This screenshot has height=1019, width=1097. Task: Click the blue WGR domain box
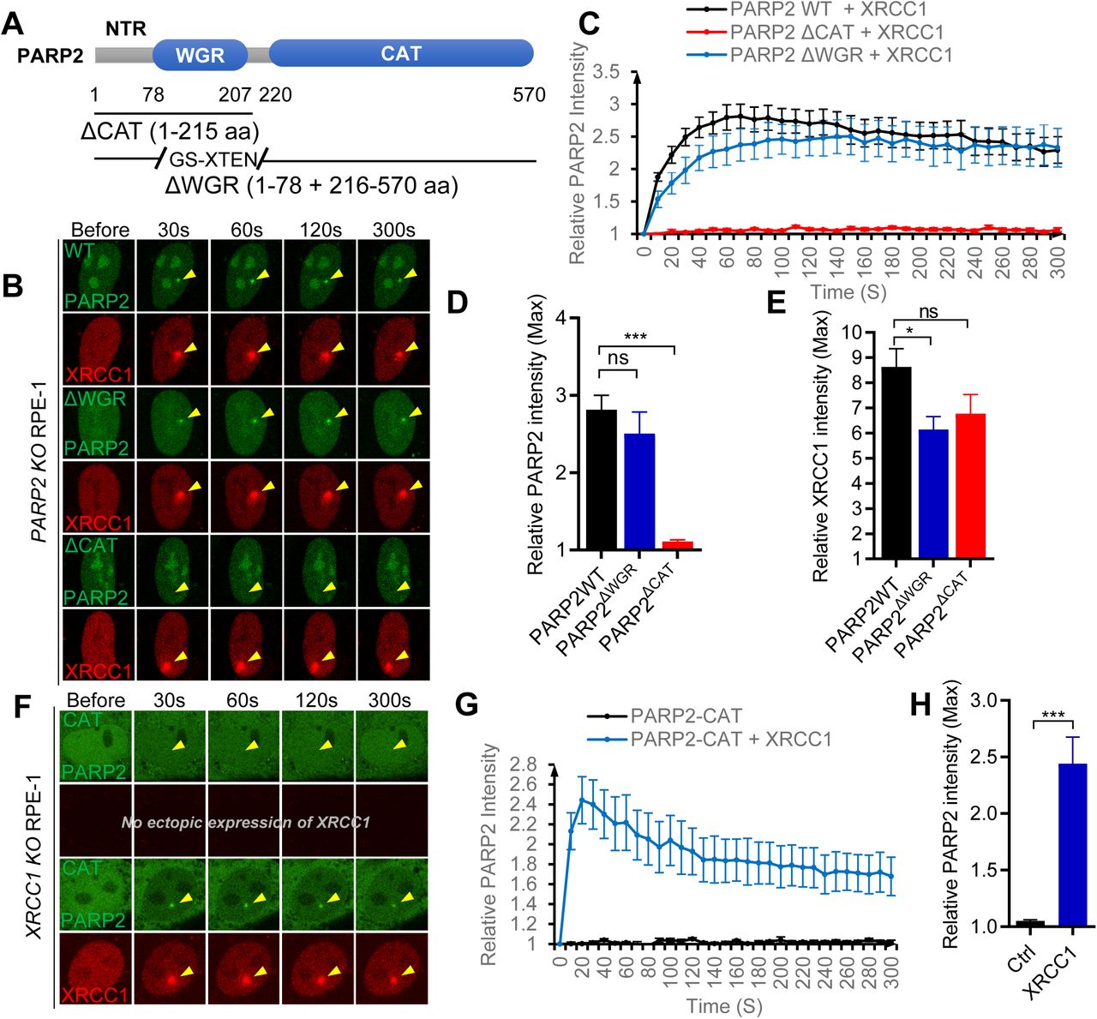200,56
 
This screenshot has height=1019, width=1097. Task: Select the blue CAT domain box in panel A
401,54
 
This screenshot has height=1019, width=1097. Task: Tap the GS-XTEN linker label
213,159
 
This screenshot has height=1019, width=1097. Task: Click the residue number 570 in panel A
529,95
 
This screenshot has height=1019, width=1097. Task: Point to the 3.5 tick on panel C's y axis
606,72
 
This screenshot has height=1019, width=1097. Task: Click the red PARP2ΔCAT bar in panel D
677,545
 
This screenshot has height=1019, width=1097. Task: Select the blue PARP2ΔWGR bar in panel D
639,490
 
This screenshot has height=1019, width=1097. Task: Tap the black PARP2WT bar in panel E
895,462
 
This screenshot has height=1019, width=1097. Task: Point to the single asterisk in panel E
910,332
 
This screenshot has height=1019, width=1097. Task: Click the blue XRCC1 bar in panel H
1072,844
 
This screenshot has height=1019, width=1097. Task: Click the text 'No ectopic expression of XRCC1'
246,823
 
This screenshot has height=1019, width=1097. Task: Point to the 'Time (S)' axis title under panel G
724,1005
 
